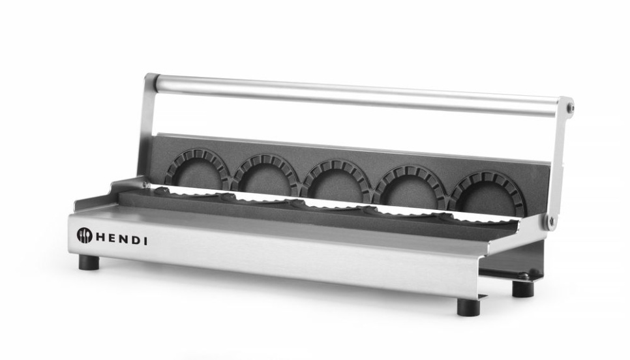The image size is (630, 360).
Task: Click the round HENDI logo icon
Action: pyautogui.click(x=85, y=235)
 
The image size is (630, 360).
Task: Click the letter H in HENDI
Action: pyautogui.click(x=101, y=237)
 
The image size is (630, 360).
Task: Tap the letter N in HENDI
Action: pyautogui.click(x=124, y=239)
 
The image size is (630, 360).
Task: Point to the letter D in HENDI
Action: pyautogui.click(x=135, y=241)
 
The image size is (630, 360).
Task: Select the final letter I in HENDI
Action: pyautogui.click(x=145, y=241)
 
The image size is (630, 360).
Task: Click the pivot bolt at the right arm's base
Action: pyautogui.click(x=552, y=221)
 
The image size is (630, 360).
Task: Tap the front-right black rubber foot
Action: pyautogui.click(x=468, y=307)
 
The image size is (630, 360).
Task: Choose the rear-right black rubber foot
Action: pyautogui.click(x=522, y=288)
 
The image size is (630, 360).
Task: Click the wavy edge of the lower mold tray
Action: pyautogui.click(x=326, y=207)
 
